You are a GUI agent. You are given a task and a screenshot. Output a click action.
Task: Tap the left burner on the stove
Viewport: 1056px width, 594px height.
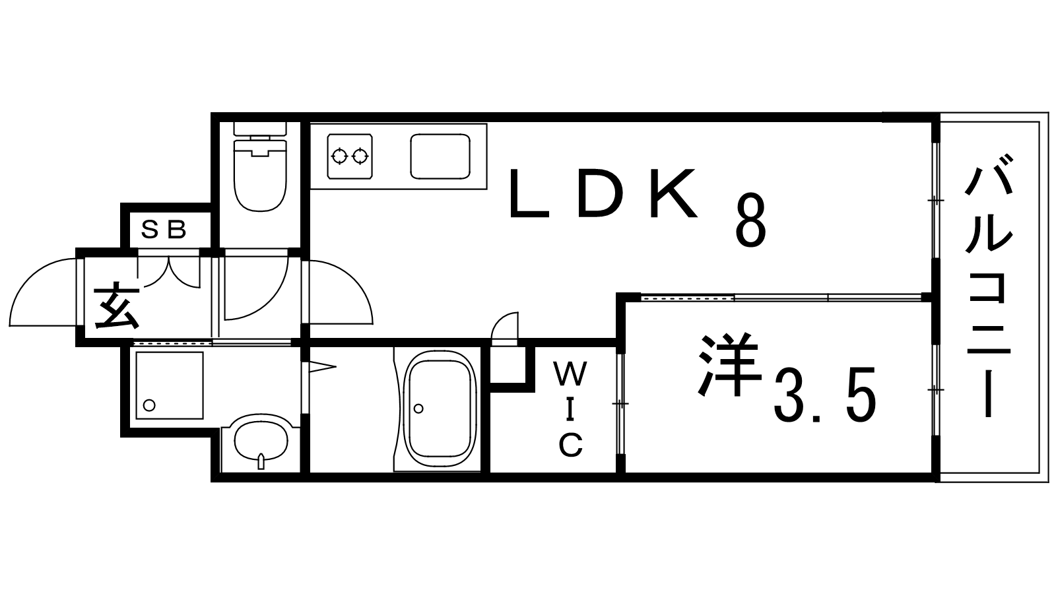pyautogui.click(x=340, y=156)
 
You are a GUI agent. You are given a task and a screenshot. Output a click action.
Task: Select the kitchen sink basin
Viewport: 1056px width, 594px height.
pyautogui.click(x=440, y=156)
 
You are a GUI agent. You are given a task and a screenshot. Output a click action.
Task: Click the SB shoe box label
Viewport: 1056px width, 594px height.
pyautogui.click(x=165, y=230)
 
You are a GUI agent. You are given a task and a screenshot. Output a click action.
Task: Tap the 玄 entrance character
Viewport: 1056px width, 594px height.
pyautogui.click(x=117, y=306)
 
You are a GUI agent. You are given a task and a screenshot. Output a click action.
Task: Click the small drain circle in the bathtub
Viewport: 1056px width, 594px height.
pyautogui.click(x=418, y=409)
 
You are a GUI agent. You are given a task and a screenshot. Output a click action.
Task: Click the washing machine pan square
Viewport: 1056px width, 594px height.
pyautogui.click(x=170, y=385)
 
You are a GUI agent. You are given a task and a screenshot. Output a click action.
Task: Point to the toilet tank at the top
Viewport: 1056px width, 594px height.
pyautogui.click(x=260, y=128)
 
